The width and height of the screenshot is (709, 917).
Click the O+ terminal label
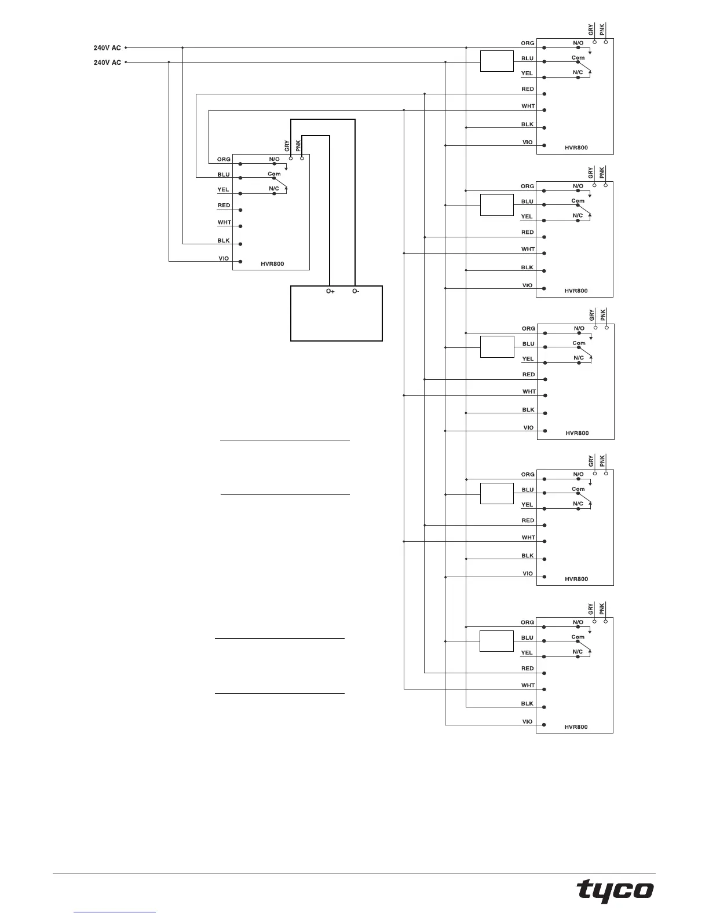(330, 291)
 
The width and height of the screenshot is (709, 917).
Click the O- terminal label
(356, 291)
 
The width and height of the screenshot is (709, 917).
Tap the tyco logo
(615, 890)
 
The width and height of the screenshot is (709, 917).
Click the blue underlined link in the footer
(115, 912)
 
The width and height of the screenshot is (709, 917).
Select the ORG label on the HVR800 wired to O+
(224, 159)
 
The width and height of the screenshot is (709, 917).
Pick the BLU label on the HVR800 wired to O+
(224, 174)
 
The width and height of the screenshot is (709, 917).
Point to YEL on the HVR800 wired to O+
(223, 189)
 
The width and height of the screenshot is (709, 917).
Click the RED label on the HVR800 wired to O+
(224, 206)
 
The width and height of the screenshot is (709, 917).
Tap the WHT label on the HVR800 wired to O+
(224, 222)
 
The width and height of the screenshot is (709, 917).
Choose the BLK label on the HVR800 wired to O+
(224, 240)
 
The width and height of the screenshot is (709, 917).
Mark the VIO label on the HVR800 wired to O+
(224, 258)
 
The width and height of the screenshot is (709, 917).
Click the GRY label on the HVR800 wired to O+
(287, 146)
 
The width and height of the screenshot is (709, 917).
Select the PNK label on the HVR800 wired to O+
(298, 146)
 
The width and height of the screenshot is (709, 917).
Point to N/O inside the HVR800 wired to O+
(274, 159)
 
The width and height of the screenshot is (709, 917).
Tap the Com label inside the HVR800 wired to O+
(274, 174)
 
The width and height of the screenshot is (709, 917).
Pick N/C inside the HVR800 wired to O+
(274, 189)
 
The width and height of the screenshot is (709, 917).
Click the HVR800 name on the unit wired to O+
(272, 264)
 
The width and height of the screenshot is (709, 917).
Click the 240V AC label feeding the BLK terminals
(107, 48)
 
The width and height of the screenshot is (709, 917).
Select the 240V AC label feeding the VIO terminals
(107, 63)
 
